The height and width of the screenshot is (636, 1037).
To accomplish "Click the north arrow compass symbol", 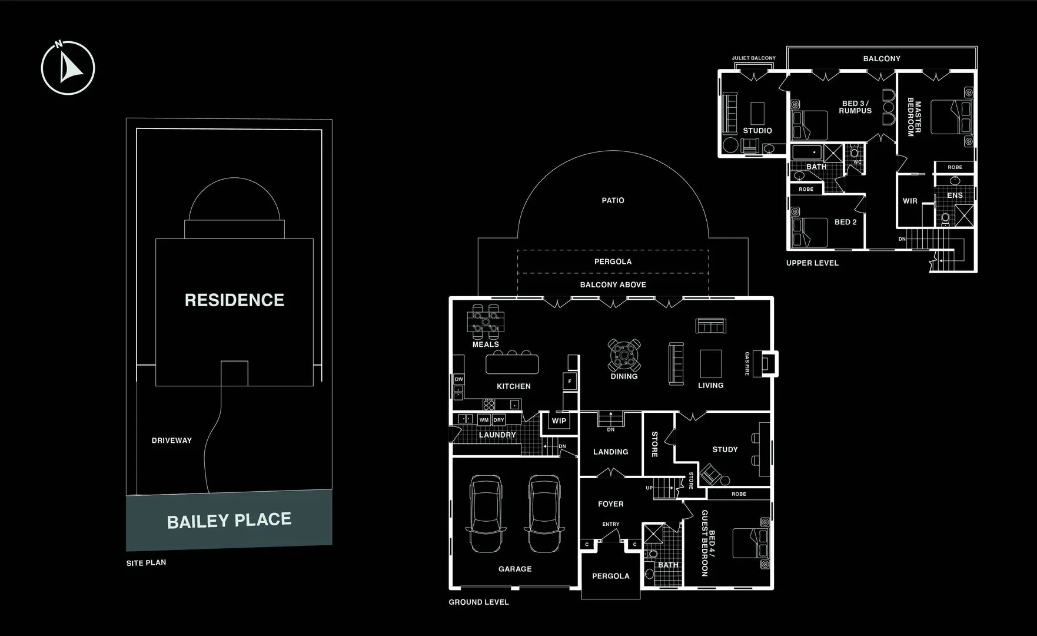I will point(68,68).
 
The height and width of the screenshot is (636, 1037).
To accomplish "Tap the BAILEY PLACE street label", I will point(229,521).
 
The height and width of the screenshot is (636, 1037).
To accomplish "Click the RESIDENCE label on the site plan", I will point(234,300).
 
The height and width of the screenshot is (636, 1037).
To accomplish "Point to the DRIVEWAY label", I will point(171,440).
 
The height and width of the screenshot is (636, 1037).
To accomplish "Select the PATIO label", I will point(613,200).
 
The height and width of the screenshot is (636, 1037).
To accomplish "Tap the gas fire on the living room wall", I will point(768,363).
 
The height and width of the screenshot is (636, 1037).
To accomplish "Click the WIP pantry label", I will point(559,420).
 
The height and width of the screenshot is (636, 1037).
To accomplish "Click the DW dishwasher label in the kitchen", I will point(459,379).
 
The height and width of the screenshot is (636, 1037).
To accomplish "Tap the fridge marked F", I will point(570,382).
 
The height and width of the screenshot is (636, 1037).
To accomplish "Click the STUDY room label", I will point(724,449).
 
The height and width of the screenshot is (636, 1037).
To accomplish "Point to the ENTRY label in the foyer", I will point(610,524).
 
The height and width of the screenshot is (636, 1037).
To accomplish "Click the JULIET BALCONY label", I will point(753,58).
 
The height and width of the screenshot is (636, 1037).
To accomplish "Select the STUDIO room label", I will point(757,131).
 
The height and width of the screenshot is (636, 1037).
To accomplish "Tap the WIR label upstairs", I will point(910,201).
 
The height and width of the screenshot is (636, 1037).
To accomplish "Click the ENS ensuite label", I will point(955,196).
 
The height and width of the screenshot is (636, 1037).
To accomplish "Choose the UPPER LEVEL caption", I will point(812,263).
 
